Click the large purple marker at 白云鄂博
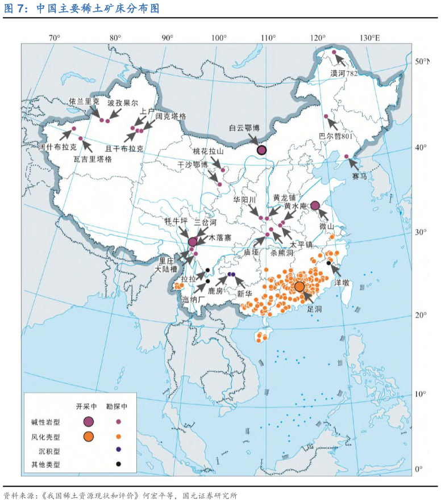point(261,150)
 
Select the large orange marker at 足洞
point(299,286)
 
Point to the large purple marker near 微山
point(315,206)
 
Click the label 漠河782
point(343,73)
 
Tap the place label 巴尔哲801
point(336,136)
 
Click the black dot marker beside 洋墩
point(328,263)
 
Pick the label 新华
point(244,294)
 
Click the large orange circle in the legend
point(88,436)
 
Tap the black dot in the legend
point(118,464)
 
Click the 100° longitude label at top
point(219,38)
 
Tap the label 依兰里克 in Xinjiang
point(84,102)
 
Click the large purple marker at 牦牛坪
point(193,242)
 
